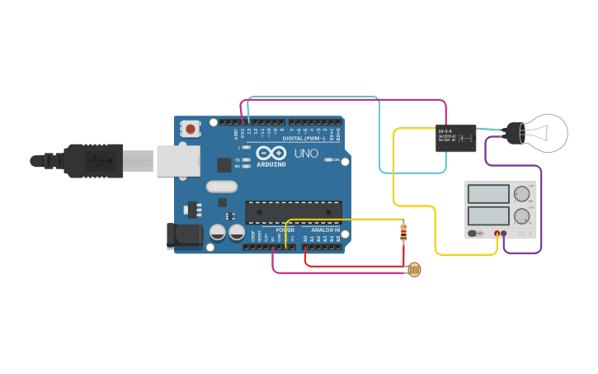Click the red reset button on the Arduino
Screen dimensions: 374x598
tap(191, 129)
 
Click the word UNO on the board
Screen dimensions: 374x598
tap(306, 154)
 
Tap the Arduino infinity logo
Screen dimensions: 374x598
tap(271, 153)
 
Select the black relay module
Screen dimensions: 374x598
tap(455, 137)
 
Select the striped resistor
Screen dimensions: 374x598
tap(403, 234)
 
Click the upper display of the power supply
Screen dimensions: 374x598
tap(487, 195)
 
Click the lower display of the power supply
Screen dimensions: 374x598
tap(487, 216)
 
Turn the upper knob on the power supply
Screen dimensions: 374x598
tap(521, 195)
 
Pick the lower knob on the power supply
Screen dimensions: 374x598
tap(521, 217)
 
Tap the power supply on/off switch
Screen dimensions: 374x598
tap(473, 234)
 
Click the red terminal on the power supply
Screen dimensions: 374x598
tap(497, 234)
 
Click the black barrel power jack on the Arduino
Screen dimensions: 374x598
tap(185, 235)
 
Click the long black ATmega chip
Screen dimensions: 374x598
tap(294, 212)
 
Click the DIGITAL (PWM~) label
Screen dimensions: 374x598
tap(302, 138)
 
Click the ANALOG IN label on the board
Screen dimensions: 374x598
tap(325, 230)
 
